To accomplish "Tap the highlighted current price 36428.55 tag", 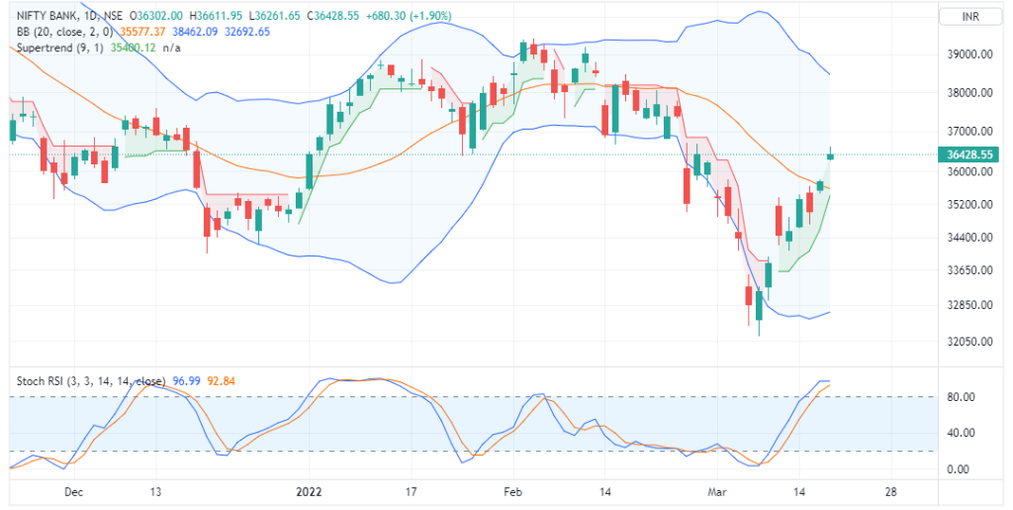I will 968,154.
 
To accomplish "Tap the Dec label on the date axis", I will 72,491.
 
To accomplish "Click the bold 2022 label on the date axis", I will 309,491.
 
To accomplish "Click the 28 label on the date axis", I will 891,491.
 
